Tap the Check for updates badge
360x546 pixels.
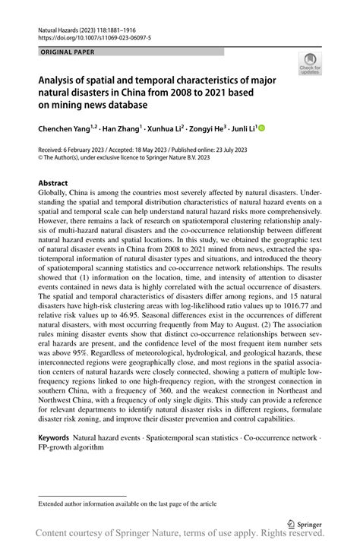coord(311,64)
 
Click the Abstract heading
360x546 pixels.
coord(53,184)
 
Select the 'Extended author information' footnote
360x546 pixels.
coord(122,503)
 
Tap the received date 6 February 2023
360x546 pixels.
coord(94,151)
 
